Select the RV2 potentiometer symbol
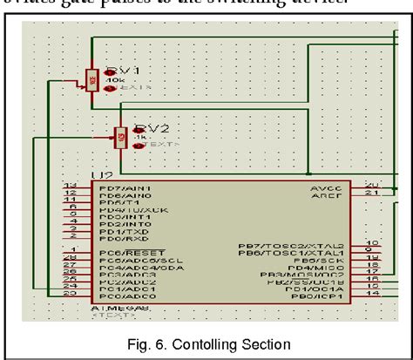coord(120,138)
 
